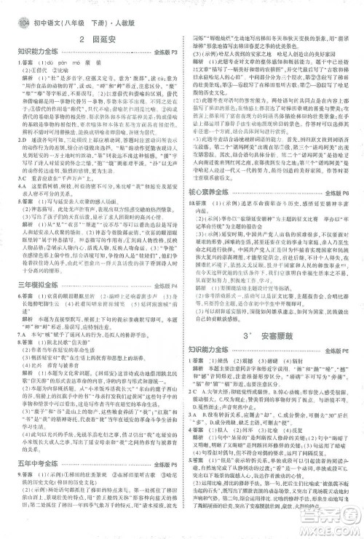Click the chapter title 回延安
click(x=98, y=39)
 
